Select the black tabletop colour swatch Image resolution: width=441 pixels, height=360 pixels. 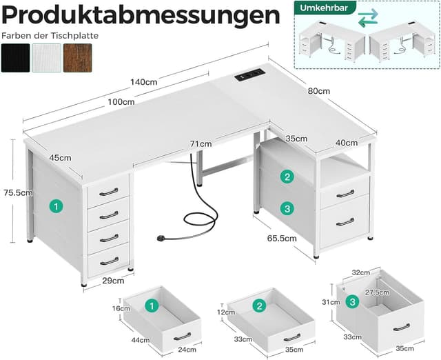pyautogui.click(x=15, y=58)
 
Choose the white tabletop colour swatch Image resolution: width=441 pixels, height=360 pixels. pyautogui.click(x=46, y=58)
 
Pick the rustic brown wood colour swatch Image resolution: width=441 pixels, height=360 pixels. pyautogui.click(x=77, y=58)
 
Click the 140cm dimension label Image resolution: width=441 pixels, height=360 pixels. pyautogui.click(x=143, y=82)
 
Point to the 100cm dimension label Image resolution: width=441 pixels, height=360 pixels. pyautogui.click(x=121, y=102)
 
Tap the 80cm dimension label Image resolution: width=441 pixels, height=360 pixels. pyautogui.click(x=319, y=91)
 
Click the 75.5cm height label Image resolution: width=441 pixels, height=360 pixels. pyautogui.click(x=17, y=193)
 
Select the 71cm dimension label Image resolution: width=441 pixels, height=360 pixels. pyautogui.click(x=201, y=144)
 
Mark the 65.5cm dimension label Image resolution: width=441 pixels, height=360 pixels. pyautogui.click(x=283, y=239)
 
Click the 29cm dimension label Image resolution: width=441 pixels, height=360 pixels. pyautogui.click(x=113, y=280)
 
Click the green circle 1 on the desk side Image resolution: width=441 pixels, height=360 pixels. pyautogui.click(x=57, y=206)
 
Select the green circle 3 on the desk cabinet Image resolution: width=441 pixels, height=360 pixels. pyautogui.click(x=287, y=208)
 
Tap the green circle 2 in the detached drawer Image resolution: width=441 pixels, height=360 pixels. pyautogui.click(x=260, y=306)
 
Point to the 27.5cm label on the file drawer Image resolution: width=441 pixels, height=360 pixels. pyautogui.click(x=378, y=292)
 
